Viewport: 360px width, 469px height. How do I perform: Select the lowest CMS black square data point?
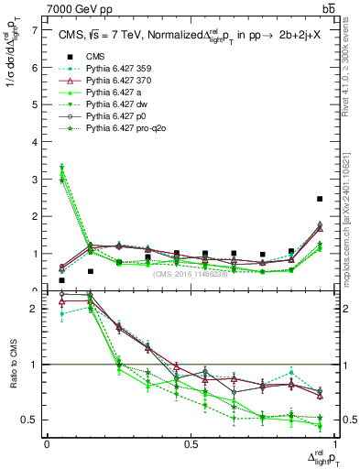[61, 281]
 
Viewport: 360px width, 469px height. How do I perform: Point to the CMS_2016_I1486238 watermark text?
[191, 275]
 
